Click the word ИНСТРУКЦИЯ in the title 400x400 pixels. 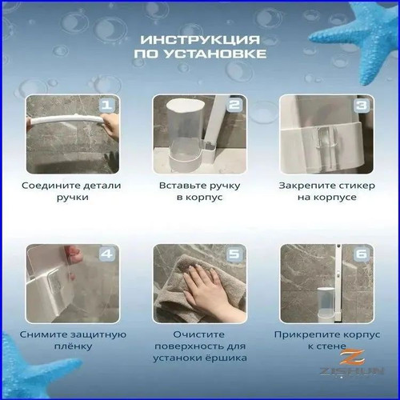click(x=200, y=40)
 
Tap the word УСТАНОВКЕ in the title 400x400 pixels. click(x=215, y=54)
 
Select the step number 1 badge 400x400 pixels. click(x=106, y=105)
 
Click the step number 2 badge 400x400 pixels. click(x=234, y=105)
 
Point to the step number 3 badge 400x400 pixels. click(x=361, y=105)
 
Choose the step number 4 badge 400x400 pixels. click(x=106, y=254)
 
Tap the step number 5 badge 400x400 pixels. click(x=234, y=254)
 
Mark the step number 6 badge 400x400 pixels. click(x=361, y=254)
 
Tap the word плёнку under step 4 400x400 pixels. click(x=73, y=346)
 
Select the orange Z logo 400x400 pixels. click(x=353, y=358)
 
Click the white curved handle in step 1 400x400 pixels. click(x=66, y=119)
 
